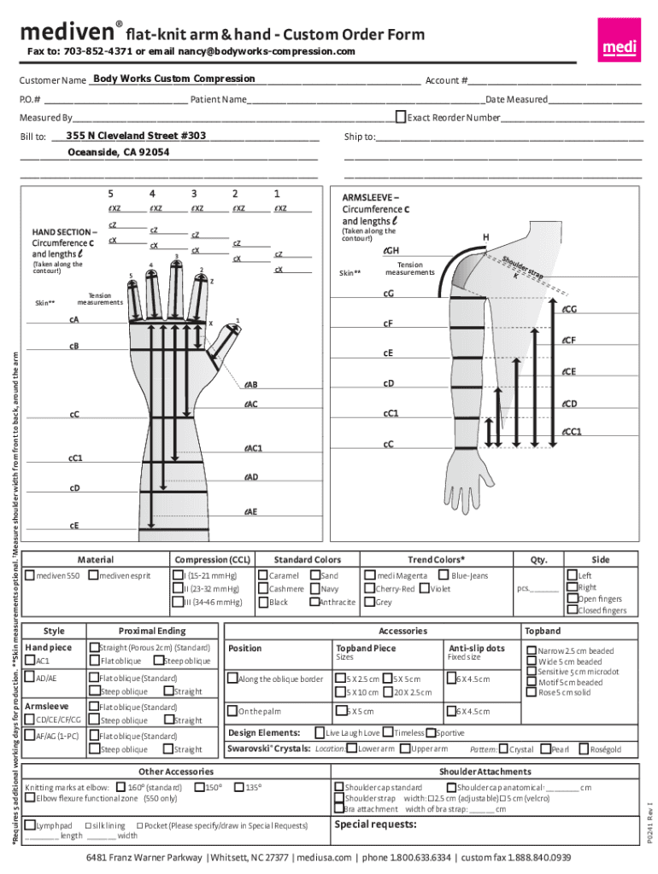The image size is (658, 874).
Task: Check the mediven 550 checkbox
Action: click(30, 575)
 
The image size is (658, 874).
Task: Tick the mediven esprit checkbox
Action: click(93, 575)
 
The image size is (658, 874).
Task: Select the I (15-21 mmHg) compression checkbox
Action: click(177, 575)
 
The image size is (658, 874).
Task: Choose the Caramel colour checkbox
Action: click(262, 575)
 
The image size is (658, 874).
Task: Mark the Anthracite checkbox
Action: click(314, 602)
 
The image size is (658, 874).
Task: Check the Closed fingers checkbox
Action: click(572, 609)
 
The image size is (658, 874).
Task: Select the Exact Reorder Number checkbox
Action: click(401, 116)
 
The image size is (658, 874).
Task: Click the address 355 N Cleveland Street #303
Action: click(136, 136)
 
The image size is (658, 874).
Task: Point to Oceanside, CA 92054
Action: click(118, 153)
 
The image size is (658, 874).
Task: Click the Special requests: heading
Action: click(375, 824)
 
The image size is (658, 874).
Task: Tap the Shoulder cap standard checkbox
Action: click(338, 787)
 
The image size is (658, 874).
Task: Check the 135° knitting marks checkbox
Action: click(239, 787)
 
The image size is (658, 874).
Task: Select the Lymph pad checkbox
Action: click(30, 825)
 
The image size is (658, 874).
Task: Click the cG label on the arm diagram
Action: click(388, 294)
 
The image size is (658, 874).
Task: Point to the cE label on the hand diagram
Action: click(74, 526)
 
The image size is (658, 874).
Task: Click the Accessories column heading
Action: click(402, 631)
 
